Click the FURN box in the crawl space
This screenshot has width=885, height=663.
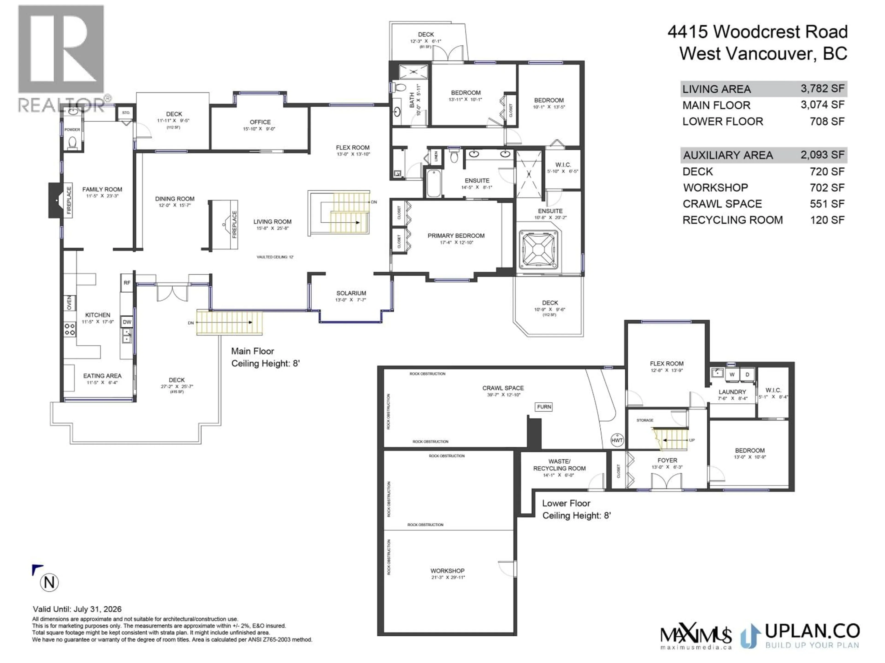(544, 407)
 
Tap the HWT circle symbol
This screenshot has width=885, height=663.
(617, 440)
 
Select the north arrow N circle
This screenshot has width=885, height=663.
(49, 583)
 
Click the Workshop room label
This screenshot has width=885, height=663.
(447, 571)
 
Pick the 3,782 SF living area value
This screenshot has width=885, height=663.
(822, 89)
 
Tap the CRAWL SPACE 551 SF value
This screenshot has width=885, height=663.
(827, 204)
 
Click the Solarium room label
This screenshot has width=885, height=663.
(351, 293)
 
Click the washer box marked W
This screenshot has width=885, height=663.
(732, 375)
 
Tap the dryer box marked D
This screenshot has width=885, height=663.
(747, 375)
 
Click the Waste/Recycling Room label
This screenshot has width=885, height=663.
(559, 465)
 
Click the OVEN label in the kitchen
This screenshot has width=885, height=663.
(69, 303)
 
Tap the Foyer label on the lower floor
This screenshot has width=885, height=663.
(667, 460)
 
